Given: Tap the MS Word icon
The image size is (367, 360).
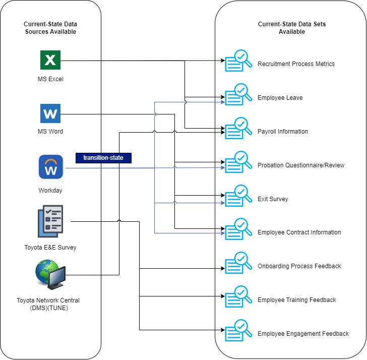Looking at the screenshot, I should [x=50, y=114].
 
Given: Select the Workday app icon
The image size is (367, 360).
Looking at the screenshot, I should [x=51, y=167].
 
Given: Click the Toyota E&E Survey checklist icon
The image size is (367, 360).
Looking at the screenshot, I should [x=50, y=221].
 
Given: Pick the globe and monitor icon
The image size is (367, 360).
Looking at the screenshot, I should [x=50, y=275].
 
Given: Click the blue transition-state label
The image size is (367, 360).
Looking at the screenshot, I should [x=103, y=158].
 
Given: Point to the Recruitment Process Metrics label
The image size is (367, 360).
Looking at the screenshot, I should [x=296, y=64].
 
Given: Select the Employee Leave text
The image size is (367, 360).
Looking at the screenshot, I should [x=280, y=98].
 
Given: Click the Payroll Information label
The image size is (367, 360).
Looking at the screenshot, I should [x=282, y=132].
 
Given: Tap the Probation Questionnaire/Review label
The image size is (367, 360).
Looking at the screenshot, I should [x=301, y=165].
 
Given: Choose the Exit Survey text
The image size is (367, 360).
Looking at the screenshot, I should [x=273, y=199].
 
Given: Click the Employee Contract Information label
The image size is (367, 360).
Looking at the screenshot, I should [x=299, y=232].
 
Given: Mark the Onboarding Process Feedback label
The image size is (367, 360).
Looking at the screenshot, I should [x=299, y=266].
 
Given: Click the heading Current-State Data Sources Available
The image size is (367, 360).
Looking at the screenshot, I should [x=50, y=28].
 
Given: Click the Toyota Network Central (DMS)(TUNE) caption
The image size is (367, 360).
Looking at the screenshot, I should [x=48, y=304].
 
